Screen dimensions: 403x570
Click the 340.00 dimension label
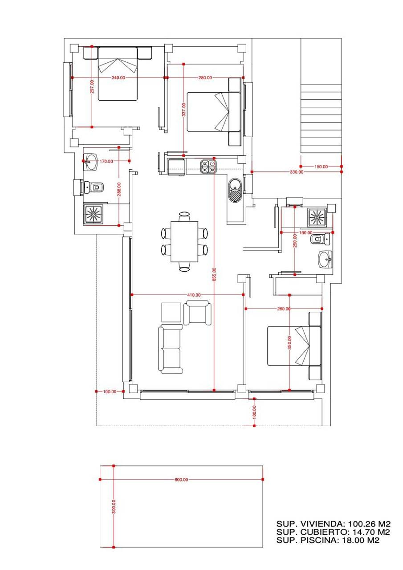(118, 77)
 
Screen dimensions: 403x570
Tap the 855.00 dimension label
(214, 275)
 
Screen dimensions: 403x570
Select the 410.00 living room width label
(194, 295)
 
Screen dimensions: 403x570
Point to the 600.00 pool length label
(181, 480)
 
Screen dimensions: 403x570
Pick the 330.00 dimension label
(297, 172)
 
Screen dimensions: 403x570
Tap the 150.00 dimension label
(321, 167)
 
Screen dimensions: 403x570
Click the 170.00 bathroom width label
(106, 161)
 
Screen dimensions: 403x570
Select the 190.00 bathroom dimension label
(305, 232)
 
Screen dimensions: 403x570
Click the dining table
(184, 242)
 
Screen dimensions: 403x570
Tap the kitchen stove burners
(208, 167)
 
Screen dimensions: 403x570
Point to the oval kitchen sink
(235, 190)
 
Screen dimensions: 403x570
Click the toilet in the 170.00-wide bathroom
(94, 187)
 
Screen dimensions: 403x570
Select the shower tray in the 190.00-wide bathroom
(317, 218)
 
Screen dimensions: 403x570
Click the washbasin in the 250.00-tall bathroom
(325, 260)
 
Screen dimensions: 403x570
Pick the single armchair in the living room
(197, 313)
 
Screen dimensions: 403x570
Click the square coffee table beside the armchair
(171, 313)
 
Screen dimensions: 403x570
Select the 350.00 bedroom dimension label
(289, 342)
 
